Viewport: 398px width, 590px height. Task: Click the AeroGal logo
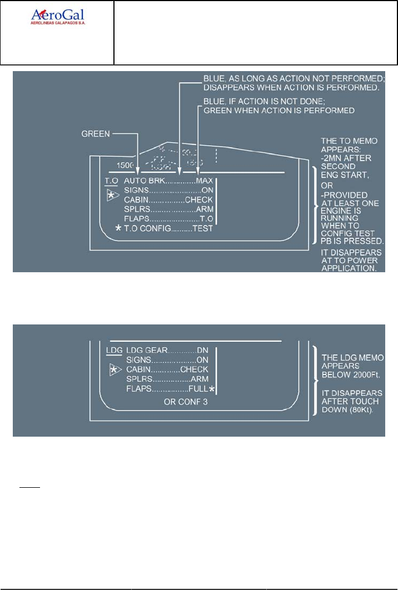click(57, 17)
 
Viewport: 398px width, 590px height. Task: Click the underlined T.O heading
click(112, 181)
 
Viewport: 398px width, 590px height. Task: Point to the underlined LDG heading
click(113, 351)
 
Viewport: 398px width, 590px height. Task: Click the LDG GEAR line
click(167, 351)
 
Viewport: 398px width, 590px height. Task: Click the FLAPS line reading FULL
click(167, 389)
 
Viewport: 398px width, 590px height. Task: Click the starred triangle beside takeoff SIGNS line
click(113, 195)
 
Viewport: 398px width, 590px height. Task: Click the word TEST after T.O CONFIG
click(202, 228)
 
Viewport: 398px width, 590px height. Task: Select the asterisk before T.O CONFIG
click(117, 228)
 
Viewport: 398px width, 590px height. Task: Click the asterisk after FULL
click(212, 389)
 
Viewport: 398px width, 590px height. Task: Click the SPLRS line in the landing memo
click(167, 379)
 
